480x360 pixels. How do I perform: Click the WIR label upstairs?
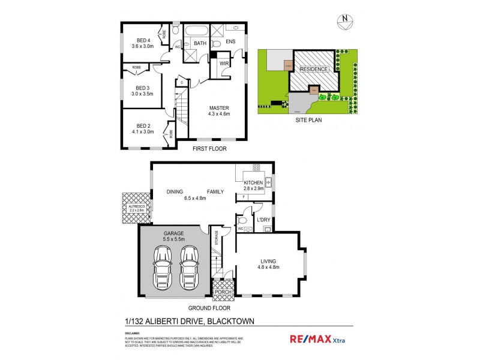(x=224, y=63)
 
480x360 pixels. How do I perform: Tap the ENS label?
(x=230, y=42)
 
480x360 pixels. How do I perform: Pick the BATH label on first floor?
(x=200, y=43)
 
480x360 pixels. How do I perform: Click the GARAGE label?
(x=174, y=233)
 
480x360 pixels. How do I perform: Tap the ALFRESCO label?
(x=133, y=206)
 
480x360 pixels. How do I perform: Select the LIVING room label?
(x=269, y=260)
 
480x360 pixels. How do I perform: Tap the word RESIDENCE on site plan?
(x=314, y=69)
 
